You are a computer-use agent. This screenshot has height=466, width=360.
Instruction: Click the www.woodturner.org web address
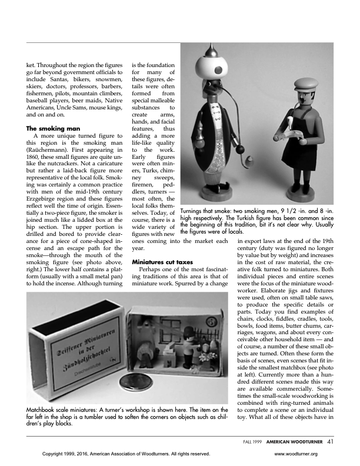click(296, 454)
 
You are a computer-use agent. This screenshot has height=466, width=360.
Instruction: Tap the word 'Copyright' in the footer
click(54, 454)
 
